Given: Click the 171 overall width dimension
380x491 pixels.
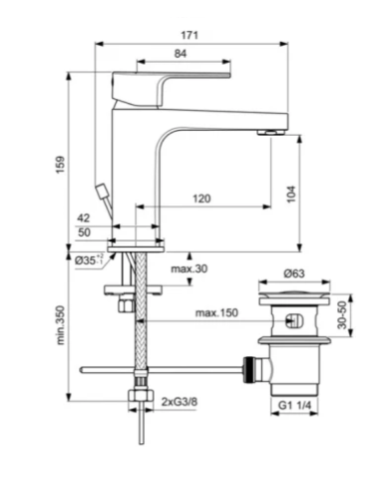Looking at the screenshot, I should point(190,35).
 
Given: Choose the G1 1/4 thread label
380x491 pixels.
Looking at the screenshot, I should point(293,406).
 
